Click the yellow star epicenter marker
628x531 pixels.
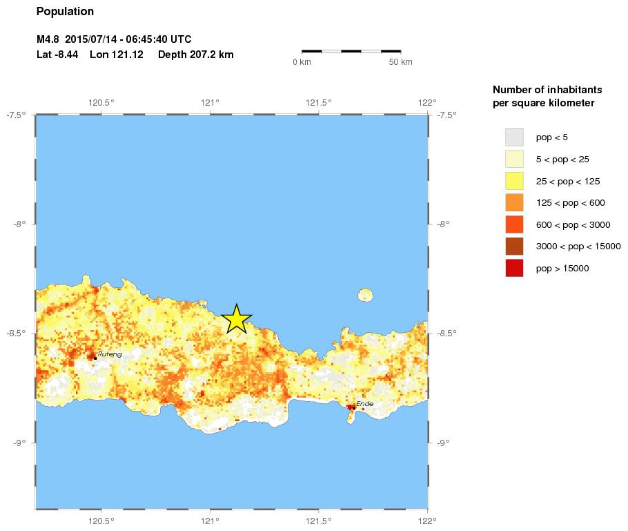pos(237,319)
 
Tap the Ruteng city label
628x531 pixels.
pos(109,354)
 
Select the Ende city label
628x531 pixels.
pos(364,403)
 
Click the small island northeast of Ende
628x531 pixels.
pos(365,296)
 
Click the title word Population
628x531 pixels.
pos(65,12)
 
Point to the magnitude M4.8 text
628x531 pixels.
pos(49,39)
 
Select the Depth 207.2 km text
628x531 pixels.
pos(195,55)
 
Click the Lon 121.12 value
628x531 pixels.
pos(117,55)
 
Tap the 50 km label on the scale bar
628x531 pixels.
pos(400,63)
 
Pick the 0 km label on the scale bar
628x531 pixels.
pos(302,63)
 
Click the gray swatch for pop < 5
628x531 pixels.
pos(514,137)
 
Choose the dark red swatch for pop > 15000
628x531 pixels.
pos(514,268)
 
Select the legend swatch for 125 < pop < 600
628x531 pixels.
pos(514,202)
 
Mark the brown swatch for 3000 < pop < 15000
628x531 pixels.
pos(514,247)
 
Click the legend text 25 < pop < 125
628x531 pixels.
pos(567,181)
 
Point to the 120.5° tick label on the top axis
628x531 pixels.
pos(101,103)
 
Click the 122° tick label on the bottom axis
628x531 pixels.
pos(427,521)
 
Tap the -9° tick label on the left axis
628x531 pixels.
pos(19,443)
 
